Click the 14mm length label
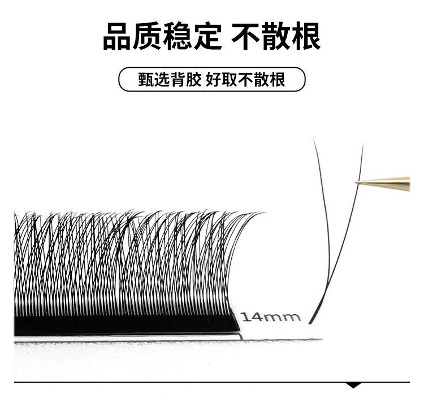pos(271,316)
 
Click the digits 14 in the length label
pos(252,316)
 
